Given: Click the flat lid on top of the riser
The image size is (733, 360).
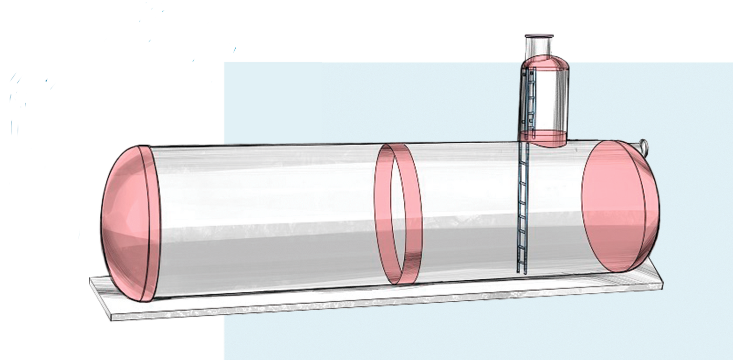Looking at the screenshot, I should tap(539, 36).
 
